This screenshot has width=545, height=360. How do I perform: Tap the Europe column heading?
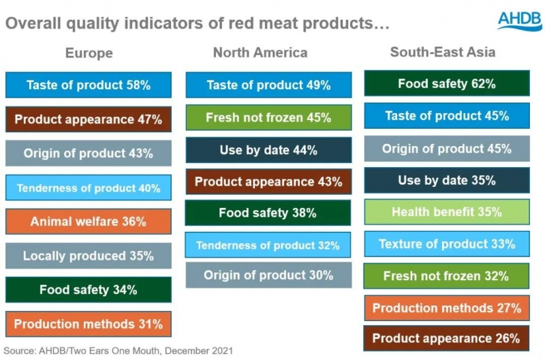pos(89,53)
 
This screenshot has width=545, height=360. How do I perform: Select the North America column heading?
pos(260,52)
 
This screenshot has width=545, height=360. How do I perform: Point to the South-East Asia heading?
pos(443,52)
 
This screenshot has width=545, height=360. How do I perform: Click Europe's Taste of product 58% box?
pos(89,85)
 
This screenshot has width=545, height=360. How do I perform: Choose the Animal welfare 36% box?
pos(89,222)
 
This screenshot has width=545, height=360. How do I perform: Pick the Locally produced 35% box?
pos(89,256)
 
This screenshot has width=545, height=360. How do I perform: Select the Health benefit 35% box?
pos(446,212)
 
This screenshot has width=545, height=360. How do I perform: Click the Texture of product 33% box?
pos(446,243)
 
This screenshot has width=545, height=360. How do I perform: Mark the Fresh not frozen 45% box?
pos(268,118)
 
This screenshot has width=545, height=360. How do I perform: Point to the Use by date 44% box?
pos(268,150)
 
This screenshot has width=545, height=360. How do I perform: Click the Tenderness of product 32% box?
pos(268,245)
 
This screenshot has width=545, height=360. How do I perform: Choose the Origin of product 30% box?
pos(268,275)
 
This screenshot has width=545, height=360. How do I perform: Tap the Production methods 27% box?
pos(446,308)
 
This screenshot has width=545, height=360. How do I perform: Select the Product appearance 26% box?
pos(446,338)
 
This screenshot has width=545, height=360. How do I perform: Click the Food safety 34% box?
pos(89,290)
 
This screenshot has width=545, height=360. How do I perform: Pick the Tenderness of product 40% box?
pos(89,187)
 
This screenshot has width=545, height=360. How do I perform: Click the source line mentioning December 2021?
pos(119,351)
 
